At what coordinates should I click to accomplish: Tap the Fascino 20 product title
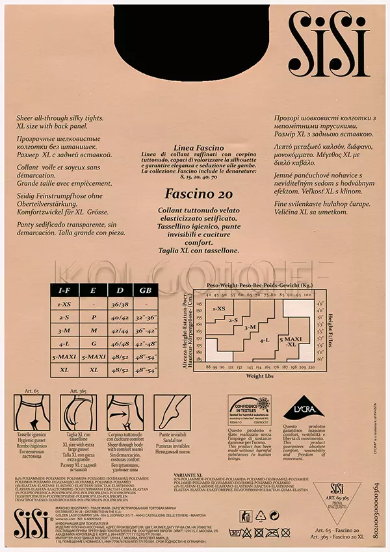tap(195, 194)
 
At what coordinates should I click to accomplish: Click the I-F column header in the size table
tap(64, 290)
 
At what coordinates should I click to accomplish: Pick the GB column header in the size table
tap(144, 290)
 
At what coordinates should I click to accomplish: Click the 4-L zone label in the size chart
tap(264, 339)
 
